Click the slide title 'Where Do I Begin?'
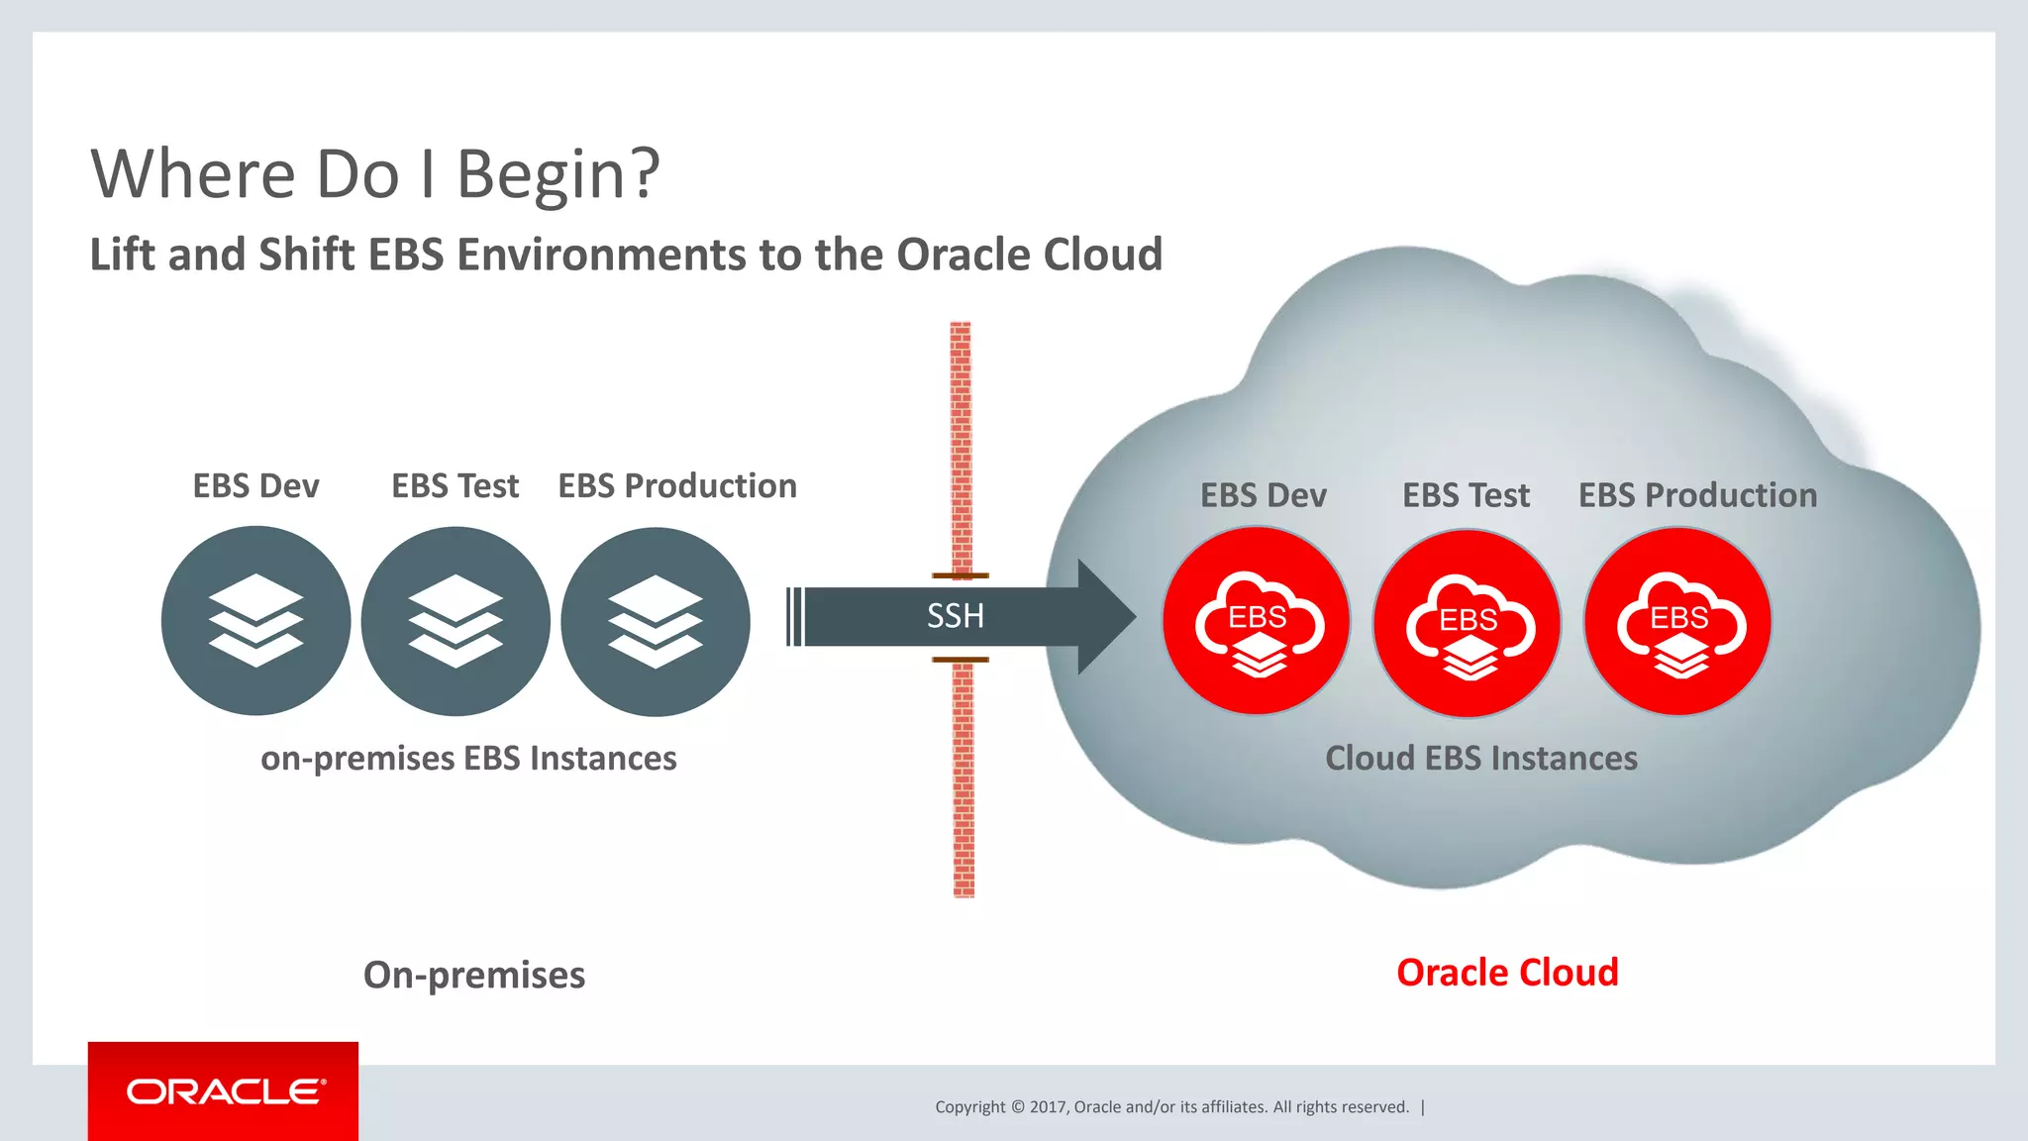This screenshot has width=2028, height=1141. point(374,174)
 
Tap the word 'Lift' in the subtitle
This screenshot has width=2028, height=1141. point(120,255)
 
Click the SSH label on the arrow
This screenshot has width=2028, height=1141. point(955,616)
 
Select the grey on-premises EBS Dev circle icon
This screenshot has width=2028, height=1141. point(255,621)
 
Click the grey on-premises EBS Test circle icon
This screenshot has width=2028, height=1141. point(456,621)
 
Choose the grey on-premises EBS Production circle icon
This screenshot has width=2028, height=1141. point(656,621)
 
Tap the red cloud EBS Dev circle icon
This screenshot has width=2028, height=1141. point(1257,621)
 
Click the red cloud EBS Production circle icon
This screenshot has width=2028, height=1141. point(1678,621)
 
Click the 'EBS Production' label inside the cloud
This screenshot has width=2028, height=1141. point(1697,495)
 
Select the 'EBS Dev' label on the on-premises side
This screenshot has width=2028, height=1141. point(255,486)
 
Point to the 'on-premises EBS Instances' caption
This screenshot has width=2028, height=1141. point(468,759)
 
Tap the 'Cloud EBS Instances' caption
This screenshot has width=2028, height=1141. point(1481,759)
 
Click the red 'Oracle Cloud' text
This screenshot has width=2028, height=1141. point(1507,973)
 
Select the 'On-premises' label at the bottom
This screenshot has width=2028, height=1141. point(474,976)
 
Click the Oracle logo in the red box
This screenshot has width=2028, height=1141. point(225,1091)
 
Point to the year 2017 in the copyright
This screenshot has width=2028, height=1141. point(1047,1107)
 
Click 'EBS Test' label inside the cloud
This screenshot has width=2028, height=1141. point(1466,495)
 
